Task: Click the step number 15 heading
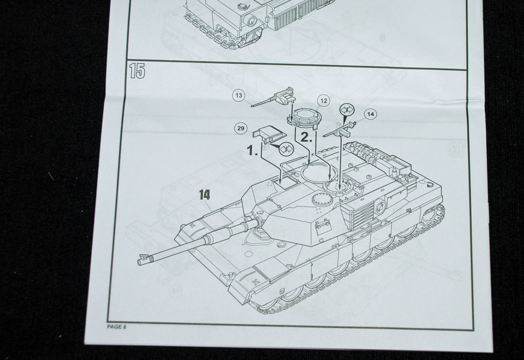[x=137, y=71]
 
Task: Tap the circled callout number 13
[x=239, y=96]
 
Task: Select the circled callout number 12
[x=323, y=101]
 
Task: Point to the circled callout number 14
[x=370, y=114]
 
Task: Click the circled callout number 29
[x=241, y=128]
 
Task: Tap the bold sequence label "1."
[x=252, y=151]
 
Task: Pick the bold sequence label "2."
[x=307, y=137]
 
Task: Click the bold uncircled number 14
[x=204, y=194]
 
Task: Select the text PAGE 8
[x=116, y=327]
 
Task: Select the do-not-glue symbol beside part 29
[x=285, y=147]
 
